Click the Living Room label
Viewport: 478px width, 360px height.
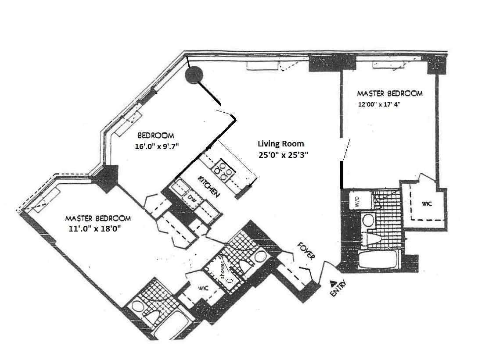(280, 144)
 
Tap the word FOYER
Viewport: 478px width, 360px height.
(305, 251)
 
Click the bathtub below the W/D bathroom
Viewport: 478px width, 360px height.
(378, 259)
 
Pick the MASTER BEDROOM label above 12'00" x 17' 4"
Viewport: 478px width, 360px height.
(389, 93)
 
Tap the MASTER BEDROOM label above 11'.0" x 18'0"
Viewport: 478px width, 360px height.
(98, 218)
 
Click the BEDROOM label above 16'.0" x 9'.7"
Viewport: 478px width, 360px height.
(156, 135)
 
